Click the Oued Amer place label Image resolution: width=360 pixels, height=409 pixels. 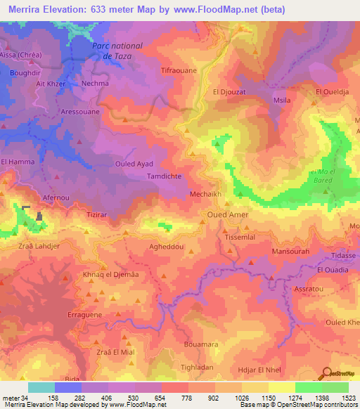[x=227, y=214]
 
